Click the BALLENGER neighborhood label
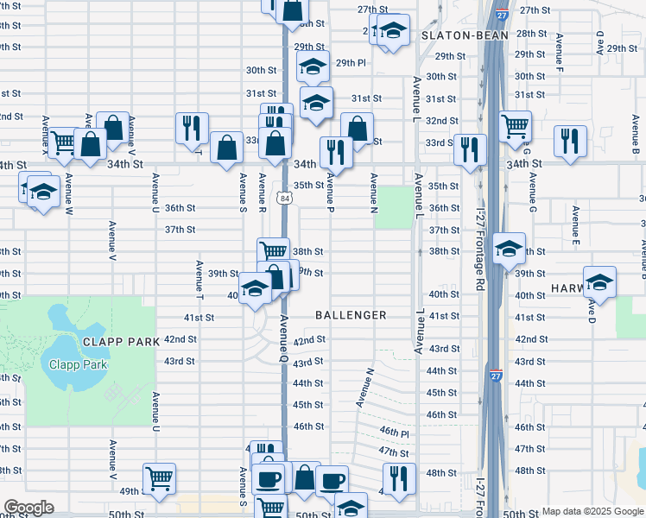(x=351, y=315)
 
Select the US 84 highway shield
(x=284, y=199)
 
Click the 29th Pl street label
(x=351, y=63)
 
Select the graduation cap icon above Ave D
(x=599, y=281)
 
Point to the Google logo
(x=28, y=508)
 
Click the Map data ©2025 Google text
(x=592, y=511)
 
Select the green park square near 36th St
(x=394, y=206)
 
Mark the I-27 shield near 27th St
(x=501, y=16)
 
